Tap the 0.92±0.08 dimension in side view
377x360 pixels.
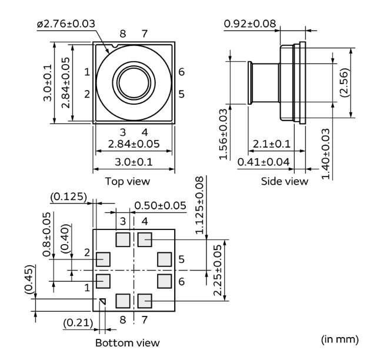tap(250, 24)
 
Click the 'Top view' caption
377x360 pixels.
tap(128, 181)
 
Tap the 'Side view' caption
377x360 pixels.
tap(285, 181)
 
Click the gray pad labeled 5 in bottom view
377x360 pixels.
tap(164, 259)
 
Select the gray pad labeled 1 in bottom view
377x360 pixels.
tap(103, 281)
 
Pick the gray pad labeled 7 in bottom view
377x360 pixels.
tap(145, 301)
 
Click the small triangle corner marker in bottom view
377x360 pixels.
tap(102, 301)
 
